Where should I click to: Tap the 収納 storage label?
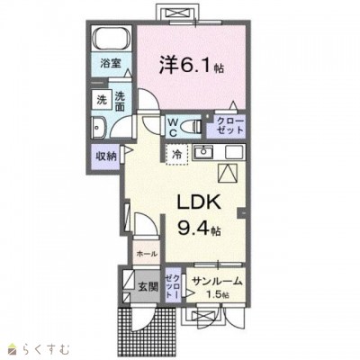(x=105, y=156)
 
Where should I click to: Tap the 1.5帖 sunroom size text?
(x=218, y=294)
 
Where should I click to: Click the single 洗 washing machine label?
(x=100, y=97)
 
